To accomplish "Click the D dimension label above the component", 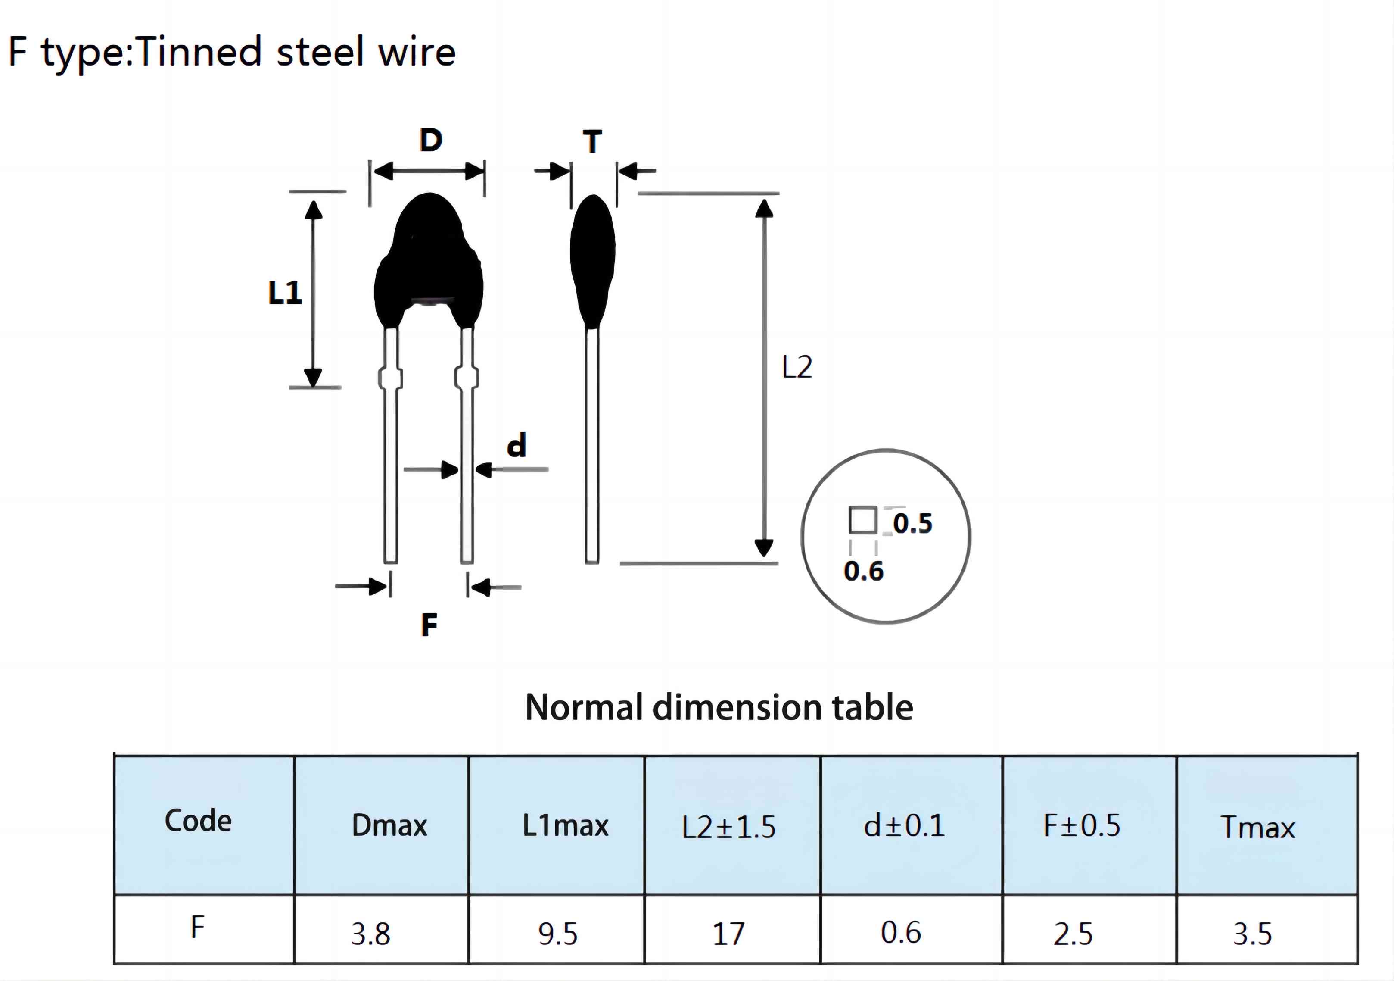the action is click(x=431, y=141).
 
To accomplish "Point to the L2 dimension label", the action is click(x=797, y=367).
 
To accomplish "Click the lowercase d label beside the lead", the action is click(x=517, y=445).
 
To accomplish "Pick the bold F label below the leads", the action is click(x=429, y=625).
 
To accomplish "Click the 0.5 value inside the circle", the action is click(x=912, y=524).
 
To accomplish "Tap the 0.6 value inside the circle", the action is click(x=863, y=572).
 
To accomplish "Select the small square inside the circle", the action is click(x=863, y=521).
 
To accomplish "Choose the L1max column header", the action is click(x=565, y=825).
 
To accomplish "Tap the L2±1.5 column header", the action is click(x=728, y=827).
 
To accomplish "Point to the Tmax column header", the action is click(x=1258, y=827).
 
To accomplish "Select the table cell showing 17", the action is click(x=732, y=929).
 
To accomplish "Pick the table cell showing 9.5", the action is click(x=557, y=929).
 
